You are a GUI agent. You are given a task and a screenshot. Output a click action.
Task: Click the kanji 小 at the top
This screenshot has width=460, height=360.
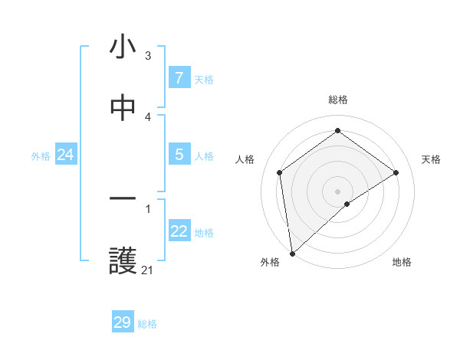coord(123,47)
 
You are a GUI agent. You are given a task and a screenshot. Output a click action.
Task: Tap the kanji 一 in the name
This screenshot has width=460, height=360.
coord(123,201)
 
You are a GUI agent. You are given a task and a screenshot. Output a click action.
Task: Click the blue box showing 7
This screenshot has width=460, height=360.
coord(179,77)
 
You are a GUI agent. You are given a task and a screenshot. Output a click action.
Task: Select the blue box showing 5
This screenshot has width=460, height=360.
coord(179,155)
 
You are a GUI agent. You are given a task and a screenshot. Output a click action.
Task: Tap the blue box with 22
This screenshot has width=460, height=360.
coord(179,231)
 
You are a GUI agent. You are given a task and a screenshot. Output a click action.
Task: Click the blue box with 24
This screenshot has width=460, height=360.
coord(65,155)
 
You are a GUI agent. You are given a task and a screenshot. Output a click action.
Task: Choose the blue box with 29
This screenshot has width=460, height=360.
coord(123,322)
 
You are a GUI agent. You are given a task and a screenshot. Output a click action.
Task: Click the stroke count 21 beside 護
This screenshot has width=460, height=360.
coord(147,270)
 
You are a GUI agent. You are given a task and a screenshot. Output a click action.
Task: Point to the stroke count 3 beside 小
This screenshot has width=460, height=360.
coord(148,55)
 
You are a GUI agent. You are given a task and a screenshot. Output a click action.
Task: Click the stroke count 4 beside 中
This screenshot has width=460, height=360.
coord(148,116)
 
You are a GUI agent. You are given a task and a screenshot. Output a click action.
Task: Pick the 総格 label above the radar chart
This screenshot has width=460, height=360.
coord(338,100)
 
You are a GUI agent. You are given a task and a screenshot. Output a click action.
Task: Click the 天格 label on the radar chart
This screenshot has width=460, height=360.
coord(431,159)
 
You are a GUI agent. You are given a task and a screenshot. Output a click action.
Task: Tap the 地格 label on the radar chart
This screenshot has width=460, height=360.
coord(402,262)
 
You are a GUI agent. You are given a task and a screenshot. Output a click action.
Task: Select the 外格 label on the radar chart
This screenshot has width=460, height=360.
coord(270,262)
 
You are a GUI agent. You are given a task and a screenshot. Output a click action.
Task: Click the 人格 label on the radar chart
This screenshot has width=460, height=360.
coord(245,159)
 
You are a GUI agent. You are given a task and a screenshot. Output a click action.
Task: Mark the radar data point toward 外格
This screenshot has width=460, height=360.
coord(292,253)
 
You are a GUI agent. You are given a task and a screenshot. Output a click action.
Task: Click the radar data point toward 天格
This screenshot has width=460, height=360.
coord(396,172)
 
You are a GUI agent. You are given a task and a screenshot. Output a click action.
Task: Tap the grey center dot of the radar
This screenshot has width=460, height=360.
coord(338,191)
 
